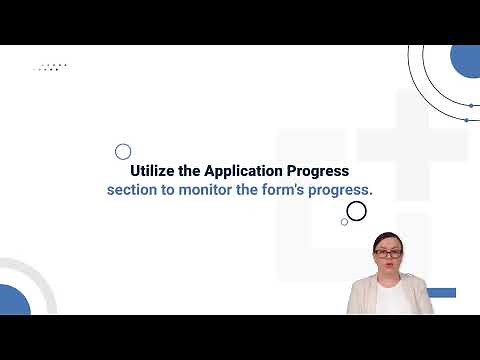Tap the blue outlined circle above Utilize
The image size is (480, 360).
coord(123,152)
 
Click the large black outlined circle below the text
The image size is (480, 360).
coord(356,210)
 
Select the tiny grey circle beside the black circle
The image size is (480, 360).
coord(344,222)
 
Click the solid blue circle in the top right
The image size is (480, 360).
coord(466,60)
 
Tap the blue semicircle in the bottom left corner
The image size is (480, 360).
coord(13,301)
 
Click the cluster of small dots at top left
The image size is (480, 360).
coord(50,67)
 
